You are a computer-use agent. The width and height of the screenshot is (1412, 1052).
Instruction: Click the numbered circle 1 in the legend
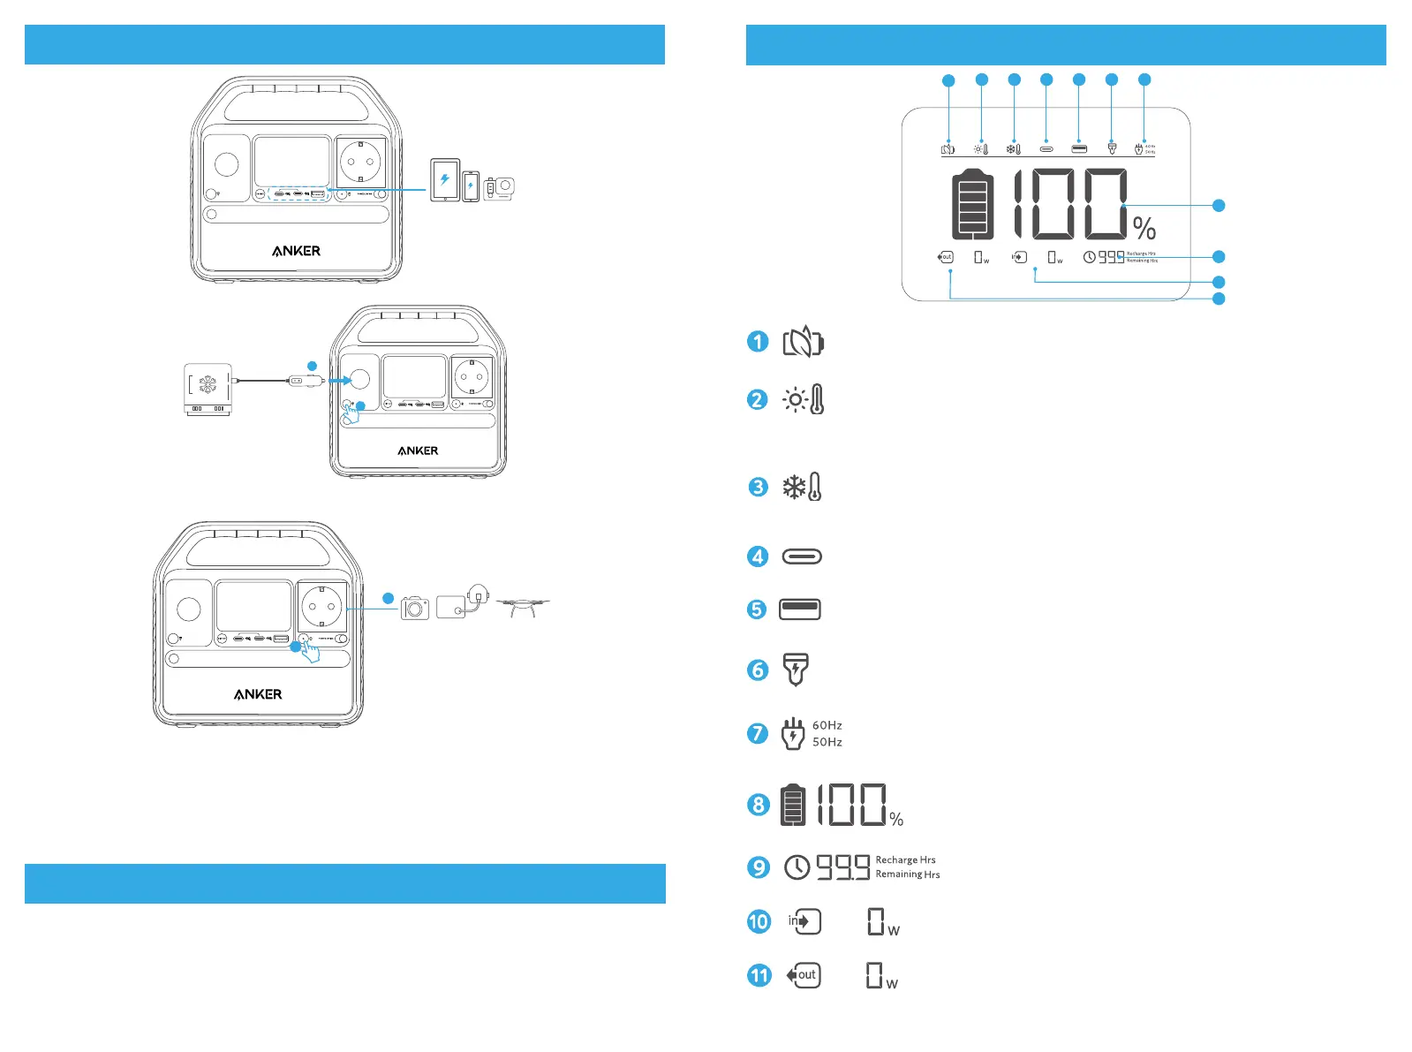(x=758, y=342)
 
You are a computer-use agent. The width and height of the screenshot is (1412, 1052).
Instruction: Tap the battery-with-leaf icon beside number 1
(x=803, y=342)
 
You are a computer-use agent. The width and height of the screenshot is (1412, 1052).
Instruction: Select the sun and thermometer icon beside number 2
(x=804, y=400)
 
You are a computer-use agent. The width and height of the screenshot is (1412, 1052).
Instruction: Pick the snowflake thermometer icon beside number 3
(x=803, y=487)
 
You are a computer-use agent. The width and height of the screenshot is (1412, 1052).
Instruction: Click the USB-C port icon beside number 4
(x=802, y=556)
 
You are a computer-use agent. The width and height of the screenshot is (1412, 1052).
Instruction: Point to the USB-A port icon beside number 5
(x=800, y=609)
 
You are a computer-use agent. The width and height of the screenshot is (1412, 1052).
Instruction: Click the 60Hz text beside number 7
(x=827, y=725)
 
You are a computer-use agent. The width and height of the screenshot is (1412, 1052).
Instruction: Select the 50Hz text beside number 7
(x=827, y=742)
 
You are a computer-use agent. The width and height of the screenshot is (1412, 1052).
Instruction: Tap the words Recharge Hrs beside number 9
(x=905, y=859)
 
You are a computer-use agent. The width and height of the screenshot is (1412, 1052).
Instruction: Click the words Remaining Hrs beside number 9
(x=908, y=874)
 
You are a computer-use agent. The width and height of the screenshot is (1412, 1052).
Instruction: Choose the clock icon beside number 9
(x=797, y=867)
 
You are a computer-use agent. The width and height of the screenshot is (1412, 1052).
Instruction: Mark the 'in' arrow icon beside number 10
(x=804, y=921)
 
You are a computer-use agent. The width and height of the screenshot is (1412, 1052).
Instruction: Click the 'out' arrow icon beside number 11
(x=804, y=975)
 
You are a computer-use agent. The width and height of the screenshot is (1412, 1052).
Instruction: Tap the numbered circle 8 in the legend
(x=759, y=805)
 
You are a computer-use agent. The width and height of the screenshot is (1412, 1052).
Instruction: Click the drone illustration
(x=523, y=606)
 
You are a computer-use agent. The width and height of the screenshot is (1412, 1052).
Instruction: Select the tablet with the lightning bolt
(x=445, y=180)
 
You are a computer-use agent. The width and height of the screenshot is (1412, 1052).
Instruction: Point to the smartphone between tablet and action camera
(x=472, y=186)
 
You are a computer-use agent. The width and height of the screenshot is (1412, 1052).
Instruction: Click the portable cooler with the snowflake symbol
(x=208, y=388)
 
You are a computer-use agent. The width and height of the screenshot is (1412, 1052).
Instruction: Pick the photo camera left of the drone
(x=415, y=608)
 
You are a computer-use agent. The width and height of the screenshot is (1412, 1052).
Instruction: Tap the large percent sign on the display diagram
(x=1144, y=229)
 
